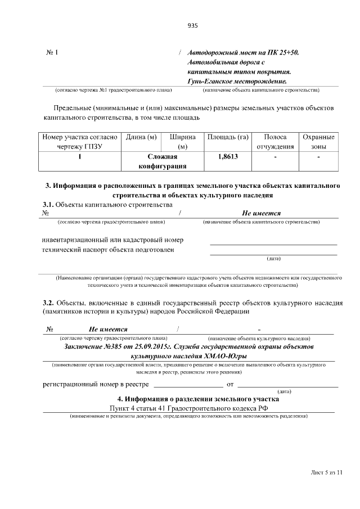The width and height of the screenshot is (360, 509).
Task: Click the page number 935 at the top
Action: [x=192, y=25]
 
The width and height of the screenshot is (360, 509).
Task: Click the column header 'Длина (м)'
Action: [x=141, y=137]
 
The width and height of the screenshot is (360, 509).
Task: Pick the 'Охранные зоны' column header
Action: [x=318, y=142]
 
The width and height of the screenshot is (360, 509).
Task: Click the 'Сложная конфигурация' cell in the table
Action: [x=163, y=162]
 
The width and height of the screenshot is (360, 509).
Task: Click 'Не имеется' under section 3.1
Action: [x=261, y=214]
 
